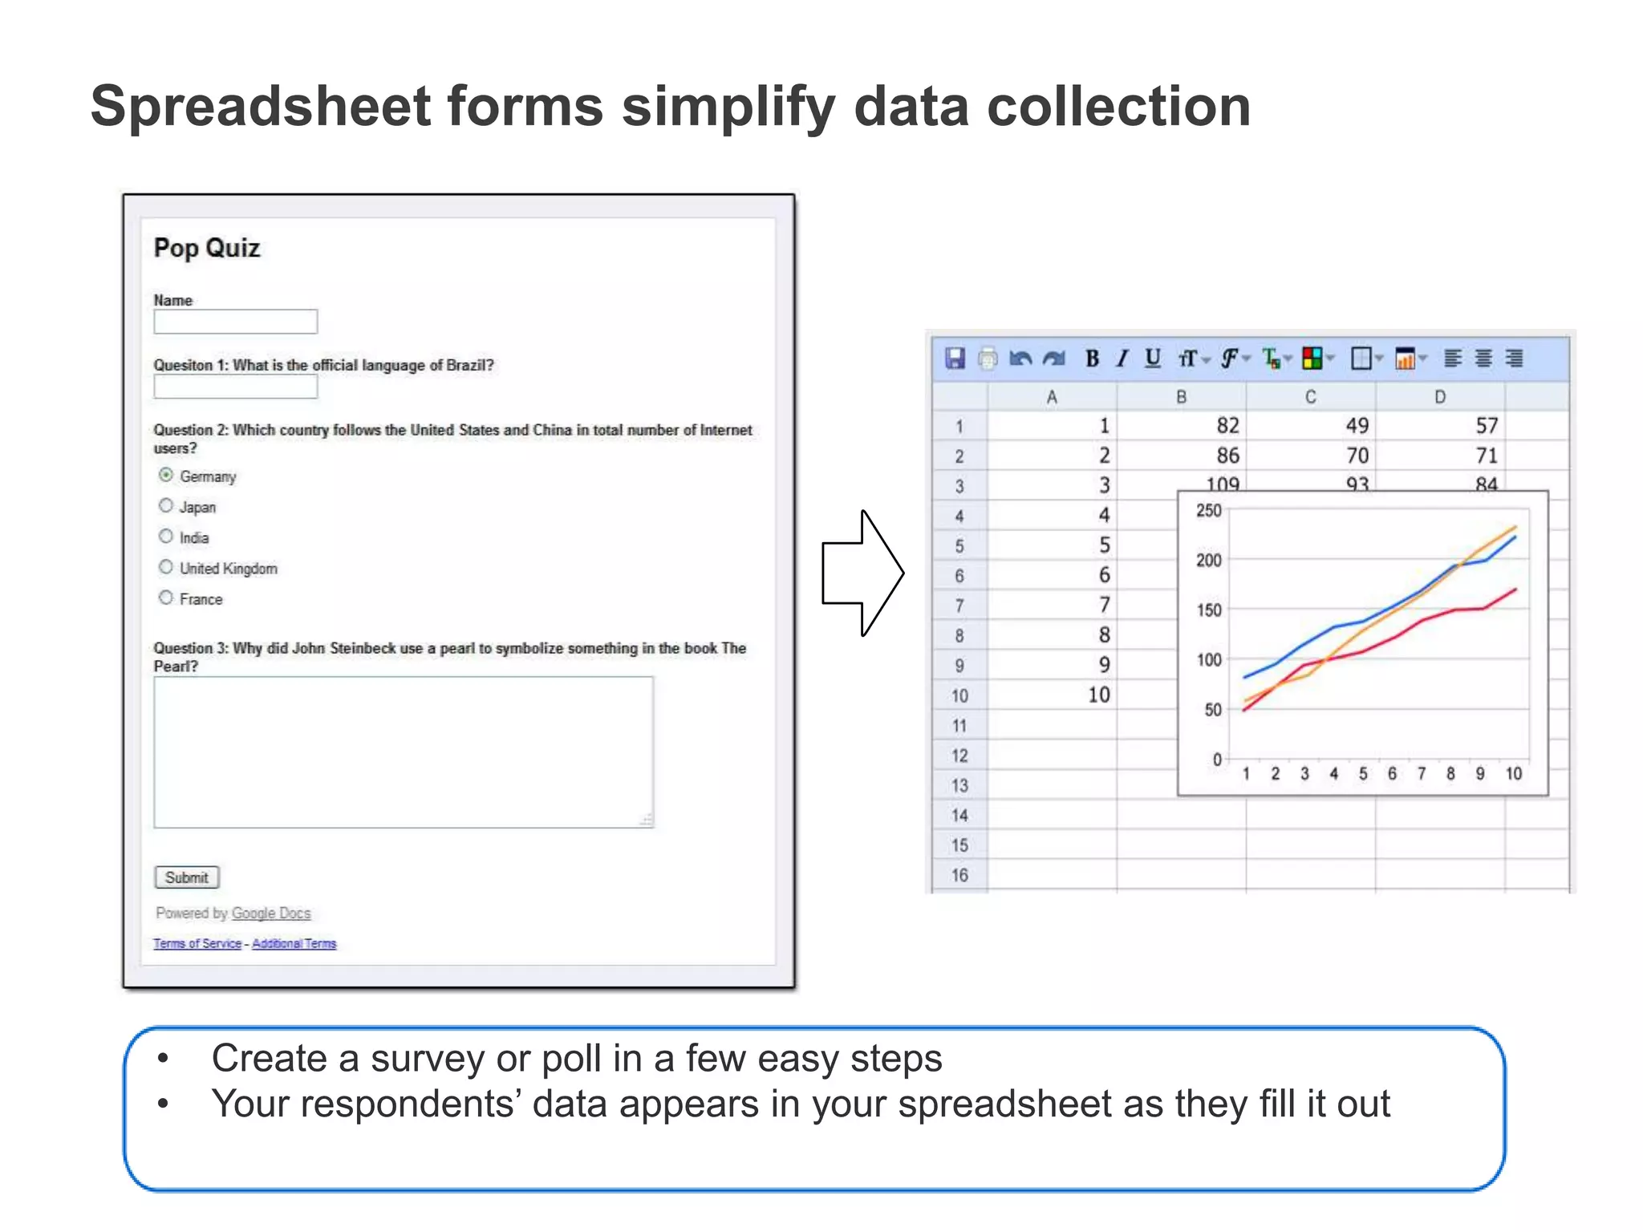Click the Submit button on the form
click(186, 877)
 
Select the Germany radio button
click(166, 475)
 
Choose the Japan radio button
click(166, 505)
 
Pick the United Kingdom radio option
click(166, 567)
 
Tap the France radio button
click(166, 598)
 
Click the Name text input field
click(235, 322)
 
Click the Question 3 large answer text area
click(404, 752)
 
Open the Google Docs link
click(270, 913)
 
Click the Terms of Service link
click(197, 943)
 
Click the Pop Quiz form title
click(207, 248)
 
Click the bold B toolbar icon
click(1092, 359)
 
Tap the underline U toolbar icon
click(1153, 359)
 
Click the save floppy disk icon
click(955, 359)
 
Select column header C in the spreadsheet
click(1310, 397)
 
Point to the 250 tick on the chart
click(1208, 511)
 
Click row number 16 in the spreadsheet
click(959, 875)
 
